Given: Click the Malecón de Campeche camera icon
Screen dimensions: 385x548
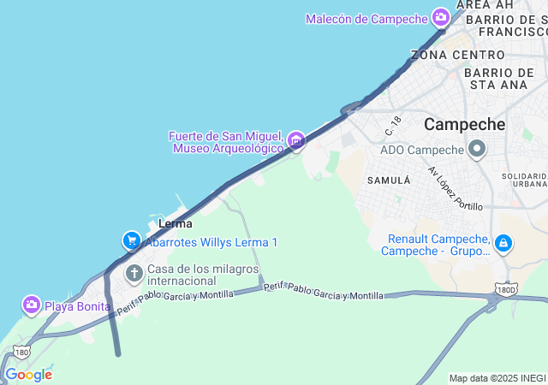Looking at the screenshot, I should [x=441, y=17].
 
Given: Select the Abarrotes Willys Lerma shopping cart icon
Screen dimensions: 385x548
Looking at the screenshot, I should [x=131, y=241].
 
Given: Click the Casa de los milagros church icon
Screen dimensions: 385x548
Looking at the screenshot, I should [x=134, y=274].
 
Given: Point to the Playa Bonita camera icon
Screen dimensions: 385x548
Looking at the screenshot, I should [x=32, y=305].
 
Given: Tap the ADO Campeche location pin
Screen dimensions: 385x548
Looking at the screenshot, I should [x=477, y=151].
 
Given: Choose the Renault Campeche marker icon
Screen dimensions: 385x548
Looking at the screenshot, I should [x=503, y=244].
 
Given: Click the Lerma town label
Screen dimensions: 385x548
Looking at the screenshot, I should [x=176, y=224].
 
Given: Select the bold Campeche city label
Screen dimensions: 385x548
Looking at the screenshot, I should [x=465, y=124].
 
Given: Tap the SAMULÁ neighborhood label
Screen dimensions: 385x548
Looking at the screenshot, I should [x=389, y=181].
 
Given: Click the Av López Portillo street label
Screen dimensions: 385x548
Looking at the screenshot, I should [x=456, y=189].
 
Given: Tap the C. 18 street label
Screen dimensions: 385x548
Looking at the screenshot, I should [x=394, y=126].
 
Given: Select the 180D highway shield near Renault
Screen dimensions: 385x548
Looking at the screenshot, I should [x=507, y=289].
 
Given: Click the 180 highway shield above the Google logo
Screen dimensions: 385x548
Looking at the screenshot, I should [x=21, y=352].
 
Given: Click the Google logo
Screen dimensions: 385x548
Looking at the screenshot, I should [x=28, y=375].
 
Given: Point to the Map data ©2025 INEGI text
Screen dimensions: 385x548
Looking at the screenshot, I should [x=497, y=378].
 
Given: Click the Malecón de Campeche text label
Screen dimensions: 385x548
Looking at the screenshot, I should [x=366, y=19].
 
